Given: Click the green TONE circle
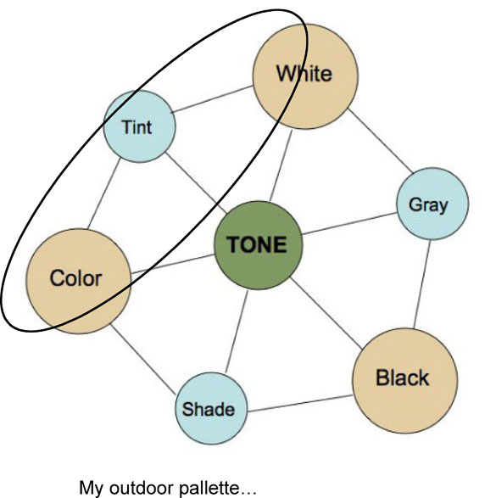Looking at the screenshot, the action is pos(258,245).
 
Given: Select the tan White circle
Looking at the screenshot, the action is pos(305,76).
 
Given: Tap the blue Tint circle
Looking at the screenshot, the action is pos(140,126).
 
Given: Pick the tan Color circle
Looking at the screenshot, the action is pos(78,281).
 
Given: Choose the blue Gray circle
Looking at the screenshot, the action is pos(432,204).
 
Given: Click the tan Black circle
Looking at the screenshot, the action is pos(405,380).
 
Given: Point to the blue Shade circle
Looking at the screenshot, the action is pos(211,408).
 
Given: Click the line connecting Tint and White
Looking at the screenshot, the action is pos(212,98).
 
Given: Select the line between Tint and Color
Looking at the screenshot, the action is pos(104,193).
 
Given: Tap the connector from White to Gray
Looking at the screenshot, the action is pos(381,141).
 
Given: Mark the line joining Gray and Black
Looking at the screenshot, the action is pos(422,284).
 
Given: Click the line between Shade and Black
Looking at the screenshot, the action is pos(300,403).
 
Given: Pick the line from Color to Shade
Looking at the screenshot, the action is pos(142,360).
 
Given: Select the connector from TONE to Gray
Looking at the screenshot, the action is pos(349,223).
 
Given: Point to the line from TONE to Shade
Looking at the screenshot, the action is pos(237,331).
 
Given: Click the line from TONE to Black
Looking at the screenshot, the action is pos(326,313).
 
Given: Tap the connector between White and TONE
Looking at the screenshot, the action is pos(281,165).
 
